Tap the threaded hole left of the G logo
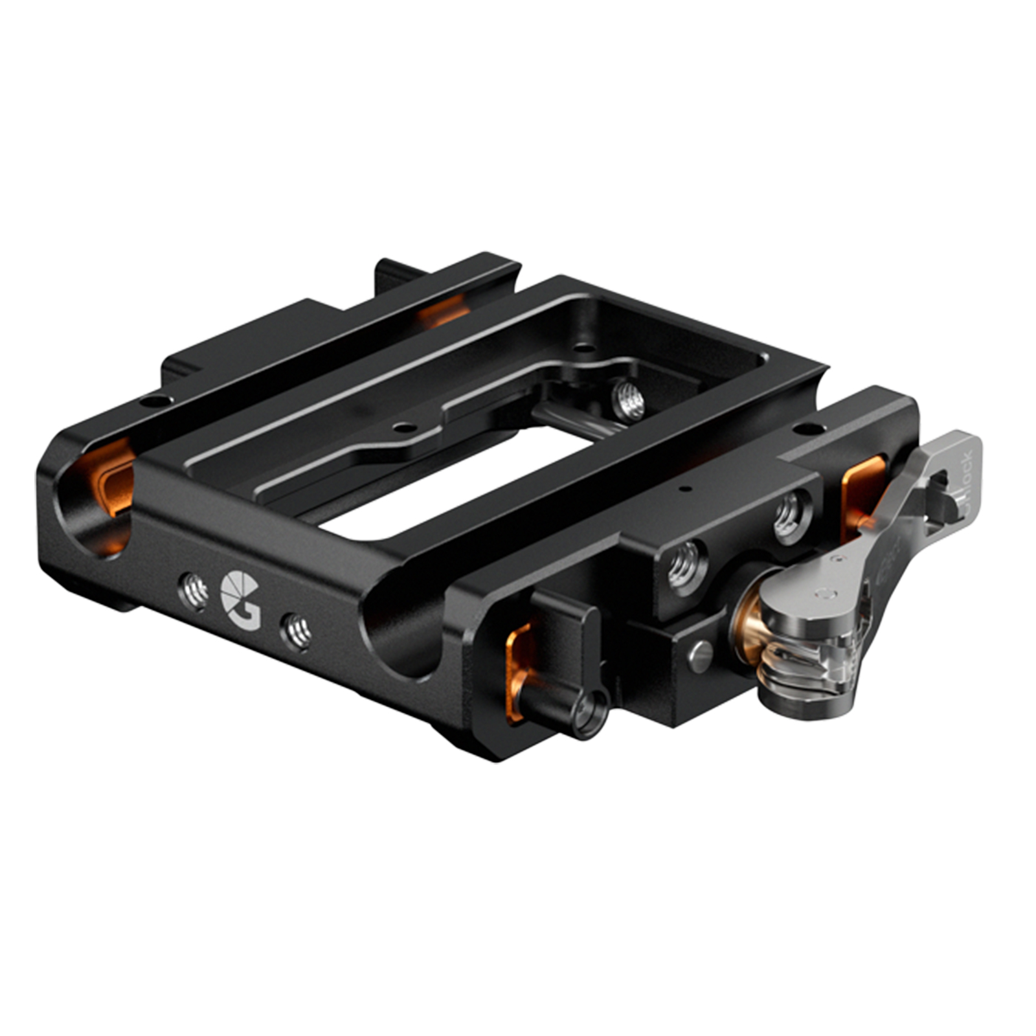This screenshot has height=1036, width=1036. (194, 590)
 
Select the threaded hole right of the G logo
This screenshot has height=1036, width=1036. (295, 629)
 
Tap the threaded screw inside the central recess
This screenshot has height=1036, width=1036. (627, 398)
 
